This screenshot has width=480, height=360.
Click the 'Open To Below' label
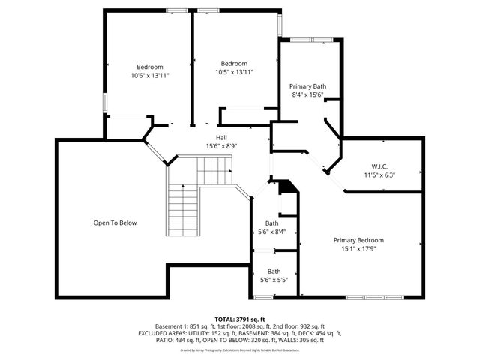(x=115, y=223)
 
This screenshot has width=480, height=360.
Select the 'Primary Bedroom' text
(x=358, y=240)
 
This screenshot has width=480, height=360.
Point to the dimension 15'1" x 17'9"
(x=358, y=249)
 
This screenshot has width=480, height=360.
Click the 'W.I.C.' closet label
(x=379, y=166)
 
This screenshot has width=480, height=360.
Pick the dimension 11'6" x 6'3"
(x=379, y=175)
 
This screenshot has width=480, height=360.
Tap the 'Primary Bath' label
(x=308, y=86)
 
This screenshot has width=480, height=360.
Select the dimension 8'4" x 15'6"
(x=308, y=95)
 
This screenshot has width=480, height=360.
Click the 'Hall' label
(x=222, y=137)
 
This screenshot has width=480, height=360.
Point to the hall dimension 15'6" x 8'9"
(x=222, y=146)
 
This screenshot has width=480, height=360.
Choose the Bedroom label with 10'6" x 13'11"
(x=149, y=67)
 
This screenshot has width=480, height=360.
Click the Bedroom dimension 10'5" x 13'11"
(x=234, y=72)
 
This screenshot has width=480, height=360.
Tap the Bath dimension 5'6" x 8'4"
(x=271, y=232)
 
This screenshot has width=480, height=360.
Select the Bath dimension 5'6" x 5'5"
(x=274, y=280)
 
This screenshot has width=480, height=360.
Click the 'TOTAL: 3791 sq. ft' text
(x=240, y=319)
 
